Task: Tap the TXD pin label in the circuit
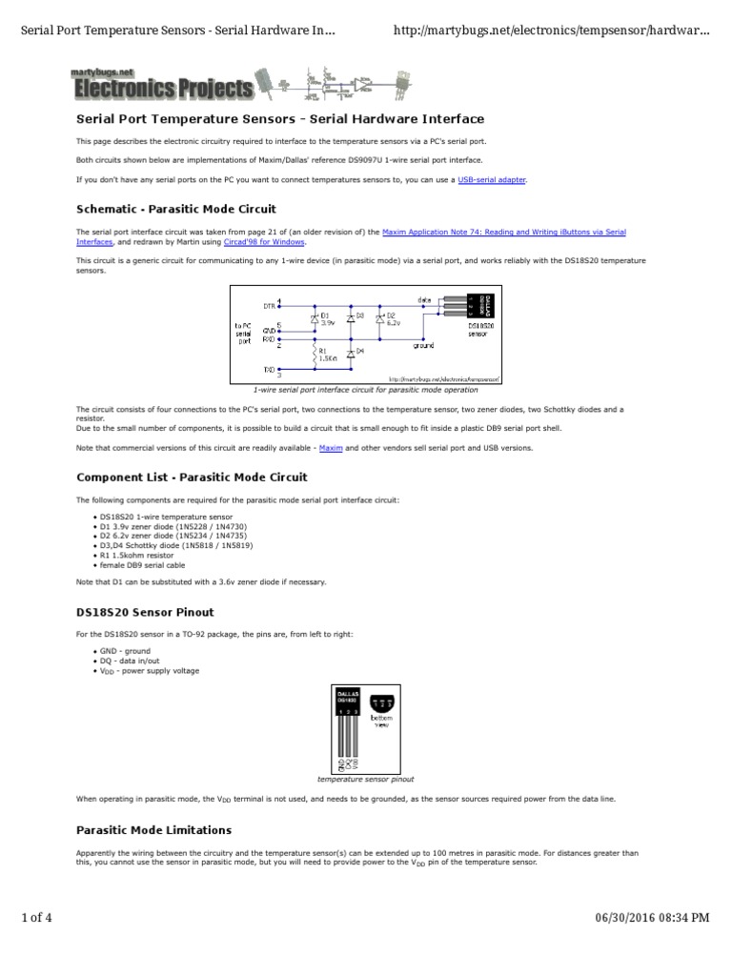tap(268, 368)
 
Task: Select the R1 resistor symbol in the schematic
tap(315, 355)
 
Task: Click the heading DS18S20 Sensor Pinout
tap(145, 612)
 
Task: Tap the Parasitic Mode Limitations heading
tap(153, 830)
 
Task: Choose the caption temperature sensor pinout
tap(366, 779)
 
